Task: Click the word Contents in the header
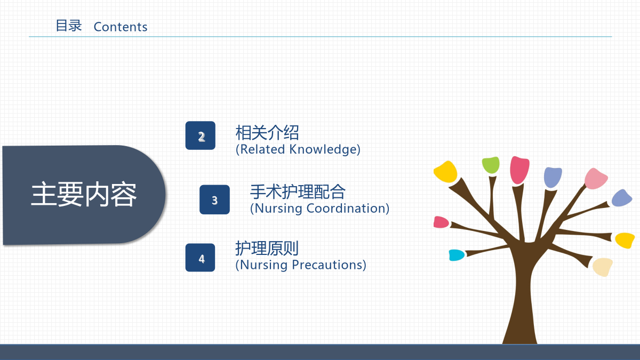coord(121,27)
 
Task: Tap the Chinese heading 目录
coord(69,26)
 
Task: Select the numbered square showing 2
coord(201,135)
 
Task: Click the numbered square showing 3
coord(214,199)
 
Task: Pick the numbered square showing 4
coord(200,258)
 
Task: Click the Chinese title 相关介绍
coord(267,133)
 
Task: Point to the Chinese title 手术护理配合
coord(298,191)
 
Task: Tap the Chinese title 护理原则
coord(267,249)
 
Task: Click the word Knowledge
coord(323,149)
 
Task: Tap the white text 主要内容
coord(84,194)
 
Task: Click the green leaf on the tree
coord(491,165)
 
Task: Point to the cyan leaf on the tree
coord(457,255)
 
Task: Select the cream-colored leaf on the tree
coord(602,267)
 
